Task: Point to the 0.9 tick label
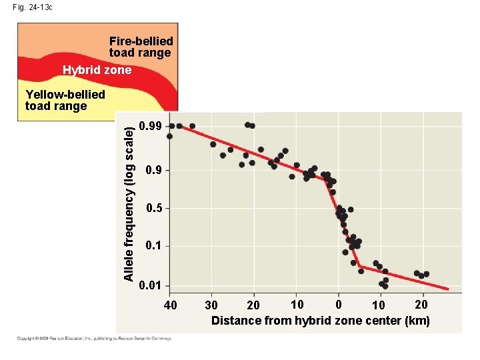tap(153, 171)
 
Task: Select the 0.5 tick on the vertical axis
tap(153, 209)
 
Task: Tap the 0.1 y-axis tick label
tap(153, 247)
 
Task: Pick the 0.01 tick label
tap(151, 286)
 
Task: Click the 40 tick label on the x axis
tap(171, 305)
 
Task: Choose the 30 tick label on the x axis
tap(211, 305)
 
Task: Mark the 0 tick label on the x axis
tap(339, 305)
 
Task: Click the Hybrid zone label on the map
tap(97, 70)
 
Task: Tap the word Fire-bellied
tap(141, 41)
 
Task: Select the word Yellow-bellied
tap(65, 95)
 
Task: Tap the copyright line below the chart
tap(93, 338)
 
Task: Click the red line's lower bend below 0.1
tap(359, 267)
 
